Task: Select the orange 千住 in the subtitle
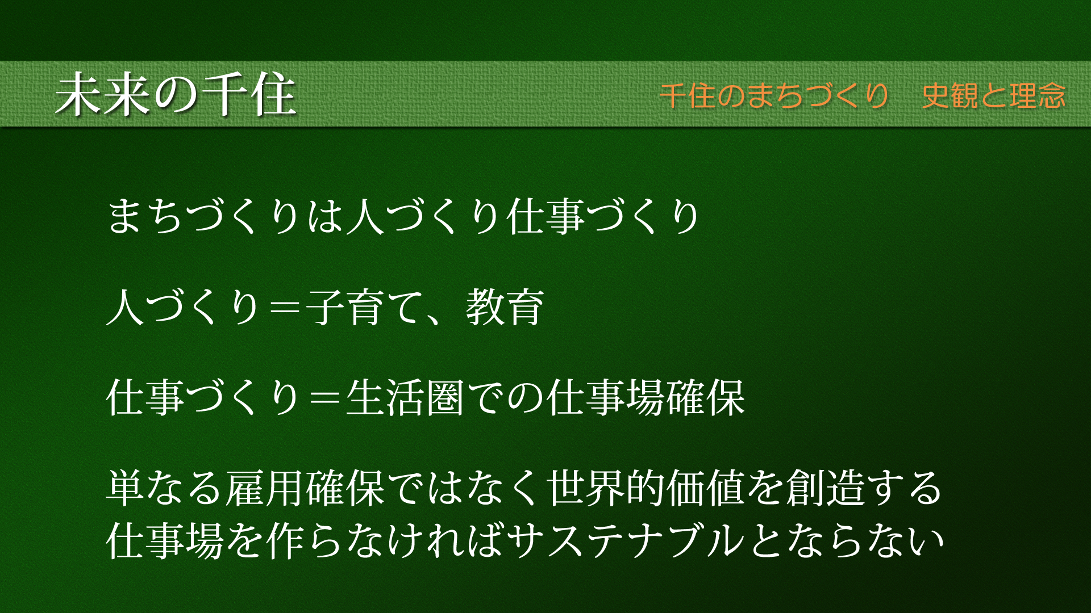tap(687, 95)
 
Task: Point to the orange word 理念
tap(1038, 95)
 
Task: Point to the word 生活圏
tap(406, 398)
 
